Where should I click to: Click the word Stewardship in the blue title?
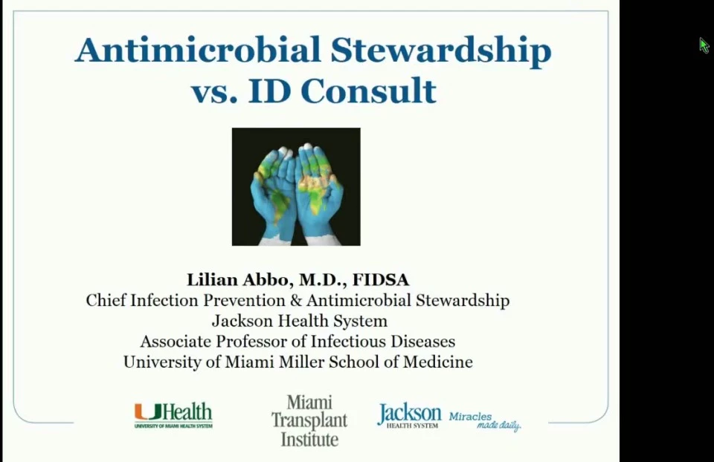point(441,51)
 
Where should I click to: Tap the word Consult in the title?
point(368,91)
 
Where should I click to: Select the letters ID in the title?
point(269,91)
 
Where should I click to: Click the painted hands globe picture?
point(296,187)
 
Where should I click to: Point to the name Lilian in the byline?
point(212,279)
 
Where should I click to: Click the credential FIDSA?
point(381,279)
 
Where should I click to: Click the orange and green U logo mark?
point(148,412)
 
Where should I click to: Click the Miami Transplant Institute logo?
point(309,420)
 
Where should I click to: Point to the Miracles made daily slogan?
point(485,421)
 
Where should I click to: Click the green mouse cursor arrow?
point(704,45)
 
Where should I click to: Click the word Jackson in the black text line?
point(241,321)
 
